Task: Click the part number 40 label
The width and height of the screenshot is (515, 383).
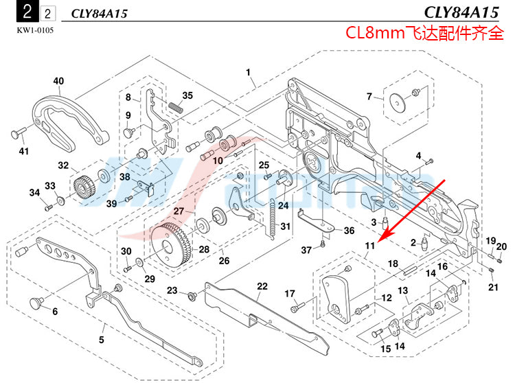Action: point(58,81)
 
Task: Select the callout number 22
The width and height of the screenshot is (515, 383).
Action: point(262,286)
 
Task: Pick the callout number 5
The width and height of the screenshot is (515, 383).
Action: point(101,338)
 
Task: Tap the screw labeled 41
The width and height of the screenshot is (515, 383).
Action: point(19,131)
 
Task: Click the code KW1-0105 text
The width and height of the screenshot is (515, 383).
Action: point(34,30)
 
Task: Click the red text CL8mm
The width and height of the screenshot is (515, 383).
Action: point(375,33)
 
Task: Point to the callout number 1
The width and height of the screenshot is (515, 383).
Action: point(248,72)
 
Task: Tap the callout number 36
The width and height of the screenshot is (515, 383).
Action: point(349,231)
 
